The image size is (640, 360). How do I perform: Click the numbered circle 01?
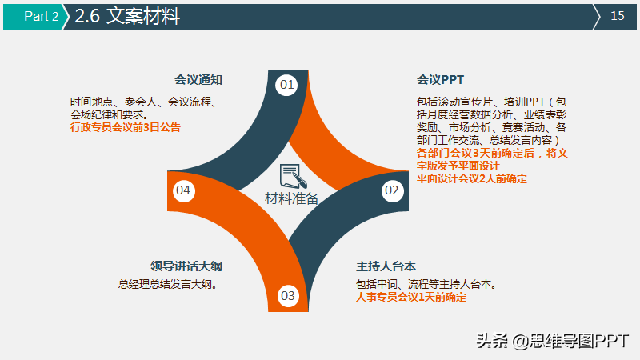[x=286, y=85]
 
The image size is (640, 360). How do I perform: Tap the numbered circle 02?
[x=392, y=190]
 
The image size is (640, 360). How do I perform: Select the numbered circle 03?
[x=288, y=295]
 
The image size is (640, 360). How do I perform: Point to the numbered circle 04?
[x=183, y=190]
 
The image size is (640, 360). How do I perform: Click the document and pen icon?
[x=293, y=176]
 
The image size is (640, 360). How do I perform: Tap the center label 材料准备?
[x=292, y=198]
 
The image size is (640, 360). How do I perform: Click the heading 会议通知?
[x=198, y=79]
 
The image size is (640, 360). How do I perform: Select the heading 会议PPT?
[x=441, y=79]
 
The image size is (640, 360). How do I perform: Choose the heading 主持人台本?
[x=386, y=266]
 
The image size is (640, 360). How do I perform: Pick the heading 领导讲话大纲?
[x=186, y=266]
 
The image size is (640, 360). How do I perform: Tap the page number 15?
[x=617, y=16]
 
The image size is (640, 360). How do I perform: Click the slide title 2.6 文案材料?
[x=127, y=16]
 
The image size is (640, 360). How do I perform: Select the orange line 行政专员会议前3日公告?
[x=126, y=127]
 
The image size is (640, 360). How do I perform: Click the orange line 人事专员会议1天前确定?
[x=411, y=297]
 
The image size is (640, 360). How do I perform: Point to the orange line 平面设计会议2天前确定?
[x=472, y=178]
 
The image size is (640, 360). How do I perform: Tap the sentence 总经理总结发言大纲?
[x=168, y=284]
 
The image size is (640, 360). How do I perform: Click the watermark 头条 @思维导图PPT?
[x=553, y=341]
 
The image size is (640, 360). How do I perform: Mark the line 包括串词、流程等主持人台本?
[x=426, y=284]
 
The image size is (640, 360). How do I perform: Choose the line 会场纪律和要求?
[x=110, y=114]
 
